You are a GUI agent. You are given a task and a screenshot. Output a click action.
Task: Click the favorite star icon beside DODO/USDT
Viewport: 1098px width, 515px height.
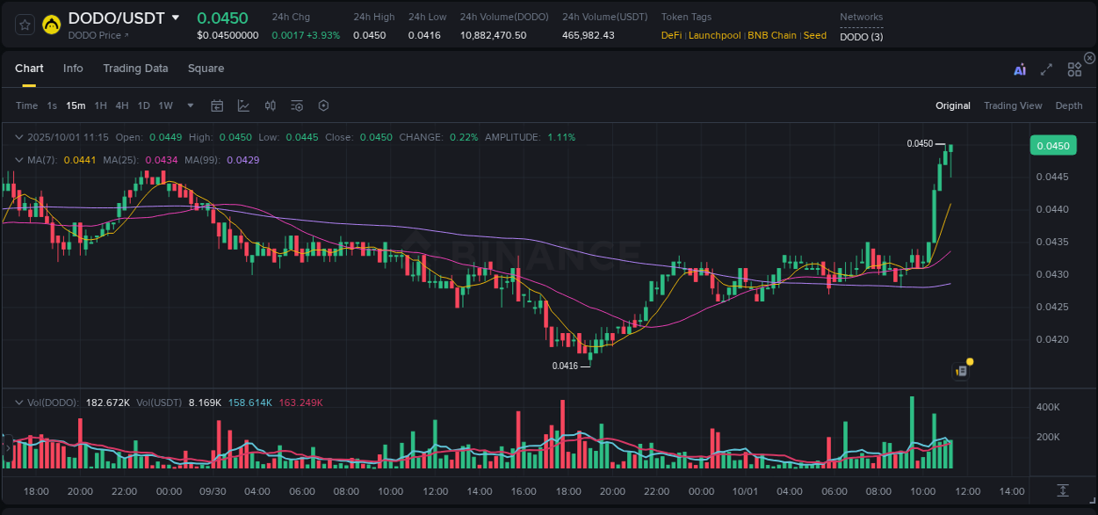click(x=25, y=25)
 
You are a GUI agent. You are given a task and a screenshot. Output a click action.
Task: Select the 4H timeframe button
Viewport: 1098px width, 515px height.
click(x=122, y=105)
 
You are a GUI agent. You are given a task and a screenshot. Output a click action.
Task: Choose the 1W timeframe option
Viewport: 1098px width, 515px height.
click(x=165, y=105)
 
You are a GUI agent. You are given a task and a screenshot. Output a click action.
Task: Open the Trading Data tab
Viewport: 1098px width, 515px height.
click(x=135, y=69)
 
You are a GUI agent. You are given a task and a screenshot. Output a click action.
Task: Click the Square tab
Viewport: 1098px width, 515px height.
click(x=206, y=69)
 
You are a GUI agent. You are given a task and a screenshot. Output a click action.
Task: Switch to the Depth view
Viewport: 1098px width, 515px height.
click(x=1068, y=105)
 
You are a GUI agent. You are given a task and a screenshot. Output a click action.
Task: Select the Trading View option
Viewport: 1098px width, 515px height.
click(x=1012, y=105)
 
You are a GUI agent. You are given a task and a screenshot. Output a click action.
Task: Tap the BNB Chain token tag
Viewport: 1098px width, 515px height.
click(x=772, y=35)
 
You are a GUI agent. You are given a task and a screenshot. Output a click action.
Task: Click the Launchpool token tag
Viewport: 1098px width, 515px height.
click(x=715, y=35)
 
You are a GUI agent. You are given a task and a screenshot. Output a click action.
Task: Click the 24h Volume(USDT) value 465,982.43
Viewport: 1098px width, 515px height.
click(x=588, y=35)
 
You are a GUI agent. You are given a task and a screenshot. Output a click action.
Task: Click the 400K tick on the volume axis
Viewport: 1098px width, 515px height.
click(x=1048, y=407)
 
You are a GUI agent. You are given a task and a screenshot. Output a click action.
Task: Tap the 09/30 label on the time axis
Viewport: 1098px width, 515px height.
click(x=213, y=491)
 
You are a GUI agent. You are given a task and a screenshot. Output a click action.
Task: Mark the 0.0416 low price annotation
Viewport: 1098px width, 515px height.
click(x=565, y=366)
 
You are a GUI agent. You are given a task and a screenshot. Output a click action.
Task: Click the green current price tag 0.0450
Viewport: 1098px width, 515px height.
click(x=1052, y=146)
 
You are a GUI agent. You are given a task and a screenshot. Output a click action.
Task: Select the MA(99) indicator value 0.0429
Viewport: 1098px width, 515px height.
click(x=242, y=160)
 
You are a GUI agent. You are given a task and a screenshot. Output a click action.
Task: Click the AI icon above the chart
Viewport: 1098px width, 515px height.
click(x=1019, y=69)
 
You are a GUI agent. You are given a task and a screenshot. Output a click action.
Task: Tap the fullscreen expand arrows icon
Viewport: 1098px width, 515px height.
click(x=1046, y=69)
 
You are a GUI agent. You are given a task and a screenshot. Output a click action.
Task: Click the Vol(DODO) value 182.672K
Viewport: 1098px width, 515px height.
click(x=107, y=403)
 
